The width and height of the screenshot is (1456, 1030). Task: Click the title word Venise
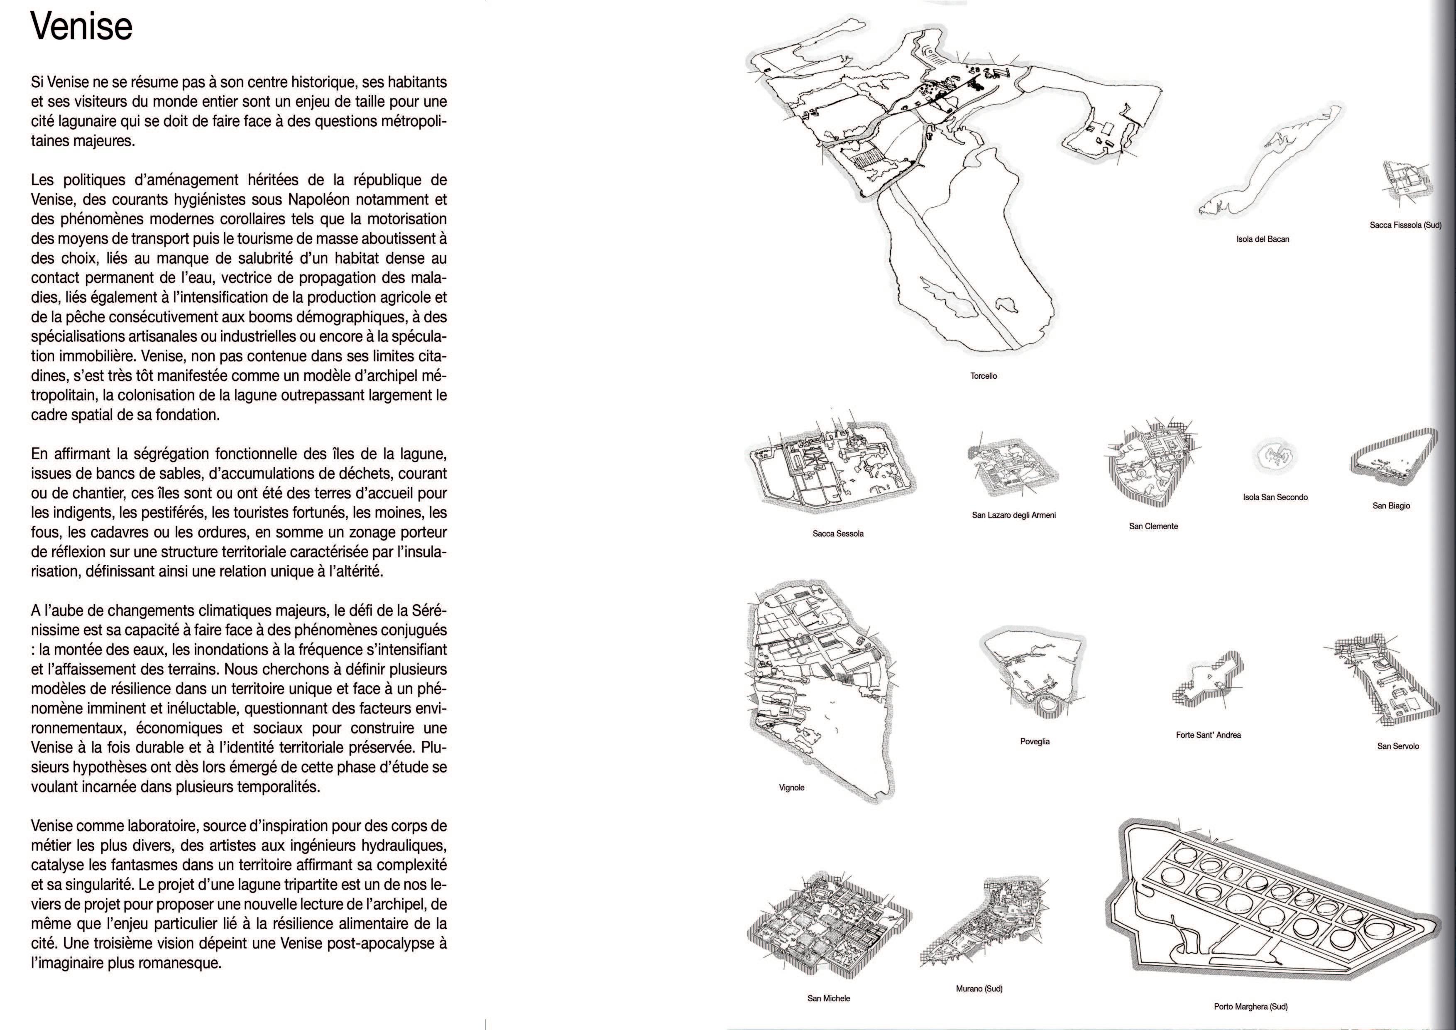(x=82, y=28)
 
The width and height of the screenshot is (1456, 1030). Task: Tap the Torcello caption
(x=984, y=376)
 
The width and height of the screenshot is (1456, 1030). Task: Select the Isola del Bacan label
(x=1263, y=239)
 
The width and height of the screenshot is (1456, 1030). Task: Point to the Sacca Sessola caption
(x=838, y=533)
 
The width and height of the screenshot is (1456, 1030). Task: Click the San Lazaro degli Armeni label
(x=1014, y=515)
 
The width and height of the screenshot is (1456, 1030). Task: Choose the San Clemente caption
(x=1153, y=526)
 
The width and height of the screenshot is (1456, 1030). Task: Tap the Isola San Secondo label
(x=1275, y=497)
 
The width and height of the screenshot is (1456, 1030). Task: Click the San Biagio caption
(x=1391, y=505)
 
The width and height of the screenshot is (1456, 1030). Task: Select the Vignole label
(x=791, y=788)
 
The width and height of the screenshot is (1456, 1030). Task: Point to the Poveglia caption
(x=1035, y=741)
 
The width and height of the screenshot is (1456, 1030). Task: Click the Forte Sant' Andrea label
(x=1208, y=735)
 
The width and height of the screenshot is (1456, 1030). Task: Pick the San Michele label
(x=829, y=998)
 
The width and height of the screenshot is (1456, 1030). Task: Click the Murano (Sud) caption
(x=979, y=989)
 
